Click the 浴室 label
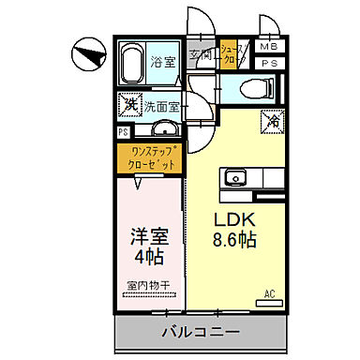(164, 62)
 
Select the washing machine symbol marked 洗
(128, 104)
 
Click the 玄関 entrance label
(201, 53)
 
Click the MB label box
(269, 46)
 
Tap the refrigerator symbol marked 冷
(275, 119)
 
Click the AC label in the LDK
(269, 293)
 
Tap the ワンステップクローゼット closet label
(150, 158)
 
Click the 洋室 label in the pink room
(147, 231)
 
